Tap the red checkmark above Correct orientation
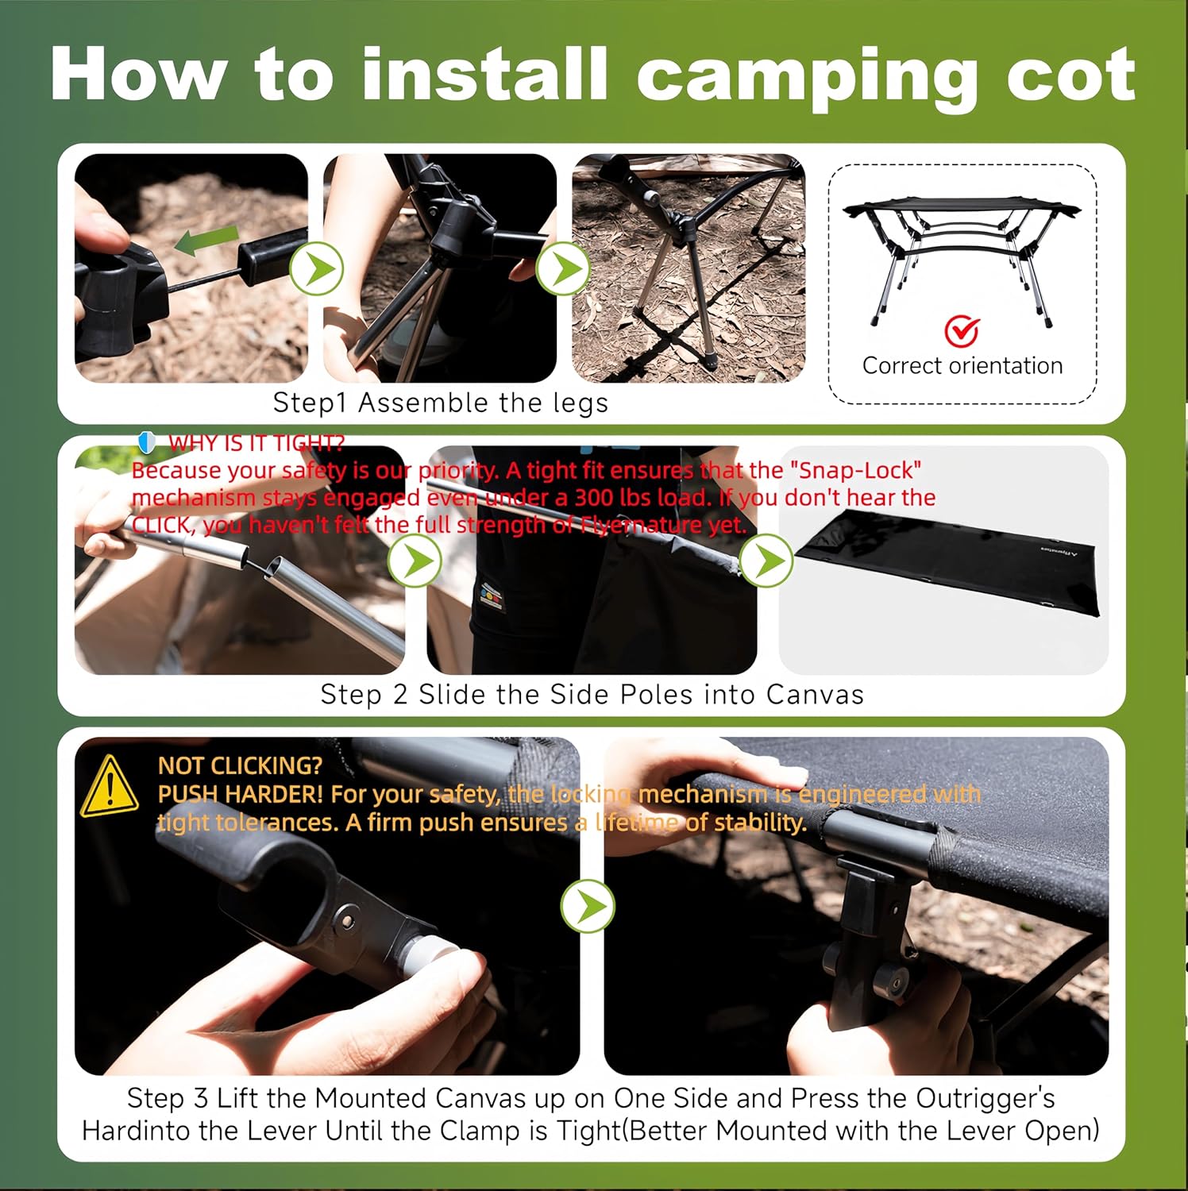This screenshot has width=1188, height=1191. [x=962, y=331]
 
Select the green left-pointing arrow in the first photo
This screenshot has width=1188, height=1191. [x=206, y=241]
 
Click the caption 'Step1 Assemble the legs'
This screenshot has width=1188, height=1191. [x=441, y=403]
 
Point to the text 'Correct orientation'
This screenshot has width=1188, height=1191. [x=962, y=366]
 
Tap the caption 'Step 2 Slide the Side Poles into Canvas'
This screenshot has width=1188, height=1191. [x=592, y=695]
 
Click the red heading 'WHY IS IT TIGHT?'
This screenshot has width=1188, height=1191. [x=256, y=443]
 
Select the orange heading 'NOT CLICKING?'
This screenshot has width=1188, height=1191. [x=240, y=765]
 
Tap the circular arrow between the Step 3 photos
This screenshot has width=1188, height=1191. [x=587, y=905]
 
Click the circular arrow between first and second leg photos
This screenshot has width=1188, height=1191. [x=316, y=269]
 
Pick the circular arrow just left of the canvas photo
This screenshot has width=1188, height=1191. [x=766, y=561]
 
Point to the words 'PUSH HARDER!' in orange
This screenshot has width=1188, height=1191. [x=241, y=794]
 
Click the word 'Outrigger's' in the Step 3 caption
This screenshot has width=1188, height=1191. [x=985, y=1098]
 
